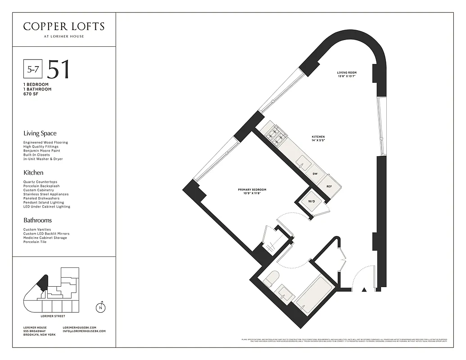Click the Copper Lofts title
point(63,27)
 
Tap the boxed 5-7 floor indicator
point(33,69)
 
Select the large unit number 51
point(59,69)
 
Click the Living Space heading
point(40,134)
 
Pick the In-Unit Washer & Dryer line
point(43,159)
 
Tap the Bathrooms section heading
point(37,220)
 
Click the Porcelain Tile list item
point(36,242)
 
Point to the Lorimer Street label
point(53,316)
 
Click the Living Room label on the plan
point(347,74)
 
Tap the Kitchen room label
point(318,139)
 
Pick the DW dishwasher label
point(315,173)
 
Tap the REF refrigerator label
point(329,186)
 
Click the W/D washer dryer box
point(311,202)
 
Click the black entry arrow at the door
point(364,289)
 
